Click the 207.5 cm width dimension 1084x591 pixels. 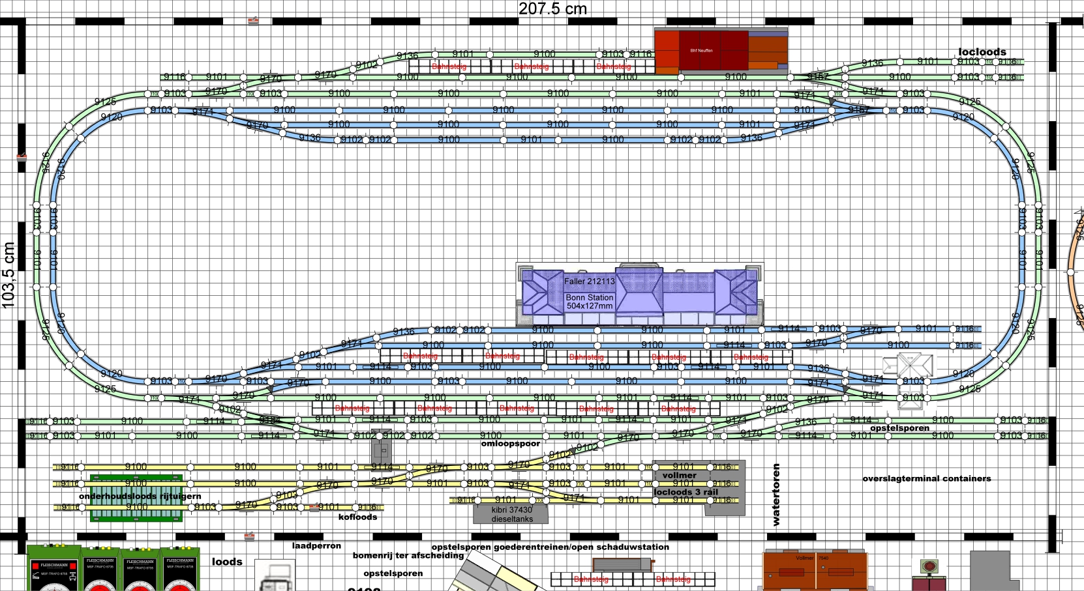(x=552, y=9)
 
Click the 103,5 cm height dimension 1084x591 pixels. (x=8, y=274)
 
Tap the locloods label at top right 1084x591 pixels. (x=982, y=52)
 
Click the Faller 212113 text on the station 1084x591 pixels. (x=589, y=281)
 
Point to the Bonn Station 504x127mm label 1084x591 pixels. (x=589, y=302)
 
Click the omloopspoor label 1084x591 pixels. (x=510, y=444)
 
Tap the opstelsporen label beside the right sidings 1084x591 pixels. (x=899, y=428)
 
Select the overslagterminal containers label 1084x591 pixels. (x=926, y=478)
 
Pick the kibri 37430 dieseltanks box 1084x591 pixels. (x=511, y=514)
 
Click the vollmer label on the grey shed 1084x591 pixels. (x=679, y=476)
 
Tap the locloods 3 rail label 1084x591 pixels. (x=685, y=493)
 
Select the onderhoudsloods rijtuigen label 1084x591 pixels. (x=140, y=497)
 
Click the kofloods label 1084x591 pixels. (x=357, y=517)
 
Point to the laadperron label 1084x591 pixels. (x=316, y=546)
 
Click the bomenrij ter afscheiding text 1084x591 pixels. (x=408, y=556)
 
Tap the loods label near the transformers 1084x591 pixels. (x=227, y=562)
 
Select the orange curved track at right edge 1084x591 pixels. (x=1074, y=267)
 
